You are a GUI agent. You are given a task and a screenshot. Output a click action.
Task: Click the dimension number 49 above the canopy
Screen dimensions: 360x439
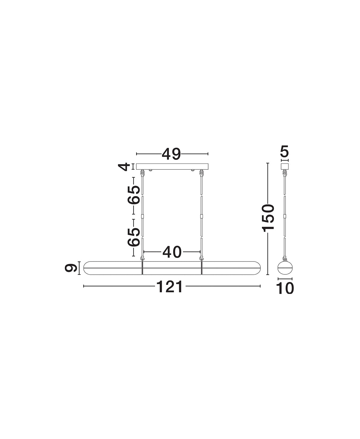[171, 154]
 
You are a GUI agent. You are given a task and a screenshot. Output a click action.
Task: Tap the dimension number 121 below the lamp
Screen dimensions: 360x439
[170, 287]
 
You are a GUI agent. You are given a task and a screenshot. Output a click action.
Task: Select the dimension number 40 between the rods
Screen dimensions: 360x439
[172, 252]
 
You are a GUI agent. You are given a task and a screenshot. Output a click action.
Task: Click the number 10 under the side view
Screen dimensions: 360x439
[285, 288]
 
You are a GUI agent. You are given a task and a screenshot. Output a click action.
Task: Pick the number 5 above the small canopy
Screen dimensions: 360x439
[285, 151]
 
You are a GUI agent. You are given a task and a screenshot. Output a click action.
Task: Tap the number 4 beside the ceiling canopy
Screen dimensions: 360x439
[124, 167]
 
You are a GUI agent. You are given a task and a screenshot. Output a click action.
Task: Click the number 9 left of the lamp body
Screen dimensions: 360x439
[71, 268]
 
